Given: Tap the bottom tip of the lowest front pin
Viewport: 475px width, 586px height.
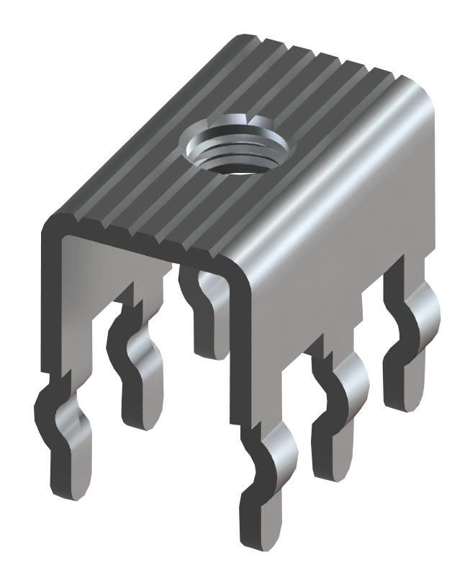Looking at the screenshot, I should [263, 533].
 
